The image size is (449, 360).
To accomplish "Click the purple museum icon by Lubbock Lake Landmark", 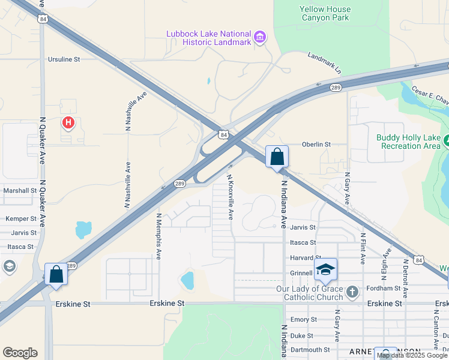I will click(x=259, y=38).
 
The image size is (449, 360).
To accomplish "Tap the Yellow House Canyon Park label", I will click(x=324, y=14).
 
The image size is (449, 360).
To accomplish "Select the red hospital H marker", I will click(x=69, y=124).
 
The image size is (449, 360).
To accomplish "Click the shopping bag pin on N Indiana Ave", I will click(x=277, y=157).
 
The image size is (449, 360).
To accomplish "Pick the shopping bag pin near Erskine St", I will click(x=56, y=274).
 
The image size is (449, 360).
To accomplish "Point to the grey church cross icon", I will click(x=352, y=292).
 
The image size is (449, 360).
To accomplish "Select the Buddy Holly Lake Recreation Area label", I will click(x=408, y=142).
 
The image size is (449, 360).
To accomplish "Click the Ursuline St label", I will click(x=64, y=59).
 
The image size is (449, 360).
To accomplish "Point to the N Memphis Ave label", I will click(x=158, y=236).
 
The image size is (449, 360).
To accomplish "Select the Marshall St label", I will click(x=20, y=190).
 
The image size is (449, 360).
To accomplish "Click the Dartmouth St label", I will click(x=310, y=350).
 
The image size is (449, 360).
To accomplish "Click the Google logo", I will click(x=20, y=353).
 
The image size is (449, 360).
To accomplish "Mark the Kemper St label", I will click(x=21, y=219).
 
